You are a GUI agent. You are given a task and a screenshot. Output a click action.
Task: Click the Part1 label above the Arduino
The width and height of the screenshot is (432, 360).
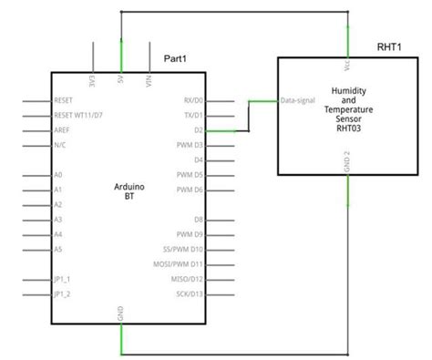pos(176,58)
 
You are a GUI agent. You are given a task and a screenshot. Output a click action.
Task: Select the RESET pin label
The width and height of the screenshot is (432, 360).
pos(64,100)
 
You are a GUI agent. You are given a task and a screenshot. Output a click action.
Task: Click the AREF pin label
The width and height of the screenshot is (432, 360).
pos(62,130)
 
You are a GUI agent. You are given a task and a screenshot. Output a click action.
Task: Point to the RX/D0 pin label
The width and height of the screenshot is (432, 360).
pos(192,100)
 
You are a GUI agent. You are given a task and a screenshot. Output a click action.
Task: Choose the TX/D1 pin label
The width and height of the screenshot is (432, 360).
pos(192,116)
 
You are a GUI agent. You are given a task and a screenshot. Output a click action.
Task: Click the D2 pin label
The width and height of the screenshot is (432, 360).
pos(198,130)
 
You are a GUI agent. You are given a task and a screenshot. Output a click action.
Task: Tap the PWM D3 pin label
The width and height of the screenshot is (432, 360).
pos(189,145)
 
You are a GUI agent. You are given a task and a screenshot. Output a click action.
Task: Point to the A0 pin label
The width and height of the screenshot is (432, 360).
pos(58,174)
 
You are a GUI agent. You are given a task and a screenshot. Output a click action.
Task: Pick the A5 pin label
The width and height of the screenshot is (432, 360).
pos(58,249)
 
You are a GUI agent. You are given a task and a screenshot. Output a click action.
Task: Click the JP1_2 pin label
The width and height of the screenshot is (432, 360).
pos(62,293)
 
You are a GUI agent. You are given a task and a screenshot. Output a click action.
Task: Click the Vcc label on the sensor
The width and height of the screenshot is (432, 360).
pos(347,68)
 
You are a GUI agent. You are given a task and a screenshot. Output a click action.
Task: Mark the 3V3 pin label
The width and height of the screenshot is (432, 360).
pos(93,81)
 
